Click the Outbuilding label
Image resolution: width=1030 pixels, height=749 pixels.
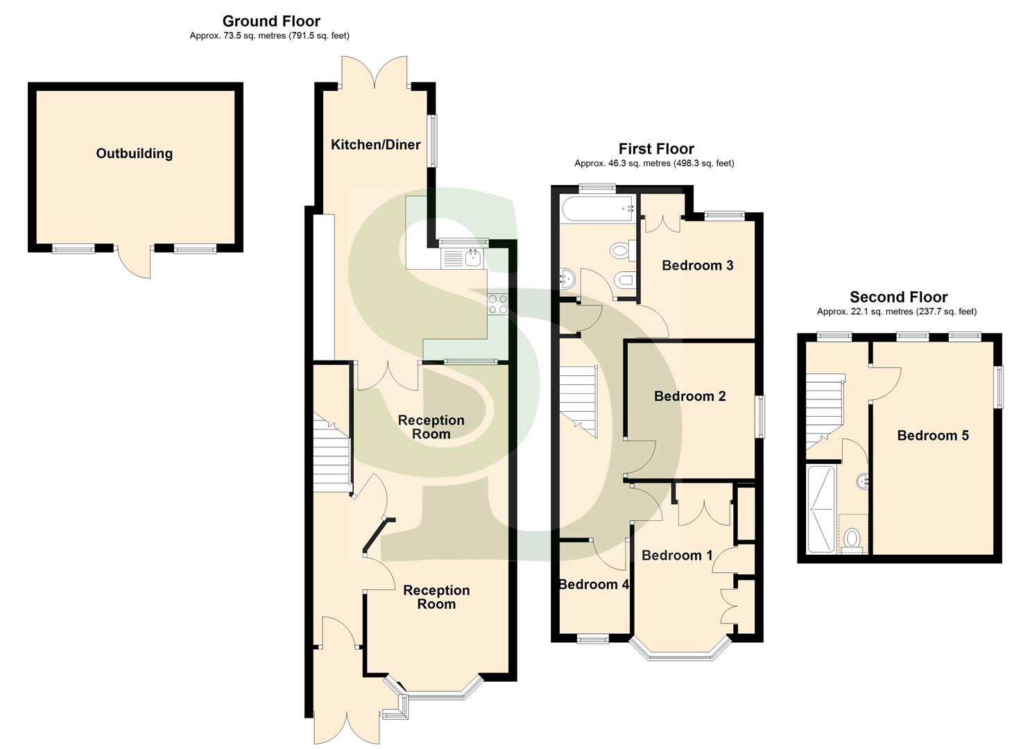click(x=134, y=154)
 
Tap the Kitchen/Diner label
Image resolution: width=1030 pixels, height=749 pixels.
click(x=375, y=145)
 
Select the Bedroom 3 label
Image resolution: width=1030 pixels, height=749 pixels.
click(x=697, y=266)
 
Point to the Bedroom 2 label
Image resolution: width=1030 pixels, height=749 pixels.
click(x=689, y=397)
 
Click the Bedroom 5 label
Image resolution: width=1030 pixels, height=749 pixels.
click(x=932, y=436)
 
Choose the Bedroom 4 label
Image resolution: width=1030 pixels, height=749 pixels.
click(x=594, y=585)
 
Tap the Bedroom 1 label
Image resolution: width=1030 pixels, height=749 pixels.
click(x=676, y=556)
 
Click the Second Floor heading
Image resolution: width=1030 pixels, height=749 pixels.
click(x=898, y=298)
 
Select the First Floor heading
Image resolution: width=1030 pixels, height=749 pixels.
click(x=656, y=149)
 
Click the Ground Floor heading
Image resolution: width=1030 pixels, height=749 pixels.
click(x=271, y=21)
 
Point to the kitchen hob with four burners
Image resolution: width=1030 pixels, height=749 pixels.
click(x=498, y=304)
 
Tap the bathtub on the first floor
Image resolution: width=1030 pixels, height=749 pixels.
click(x=597, y=208)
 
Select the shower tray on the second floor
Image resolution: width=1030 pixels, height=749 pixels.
click(x=823, y=509)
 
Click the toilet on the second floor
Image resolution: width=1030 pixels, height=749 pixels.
click(x=852, y=539)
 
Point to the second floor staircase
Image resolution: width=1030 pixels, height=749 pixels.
click(x=823, y=413)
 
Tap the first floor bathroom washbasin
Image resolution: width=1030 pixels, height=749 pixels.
click(x=567, y=279)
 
